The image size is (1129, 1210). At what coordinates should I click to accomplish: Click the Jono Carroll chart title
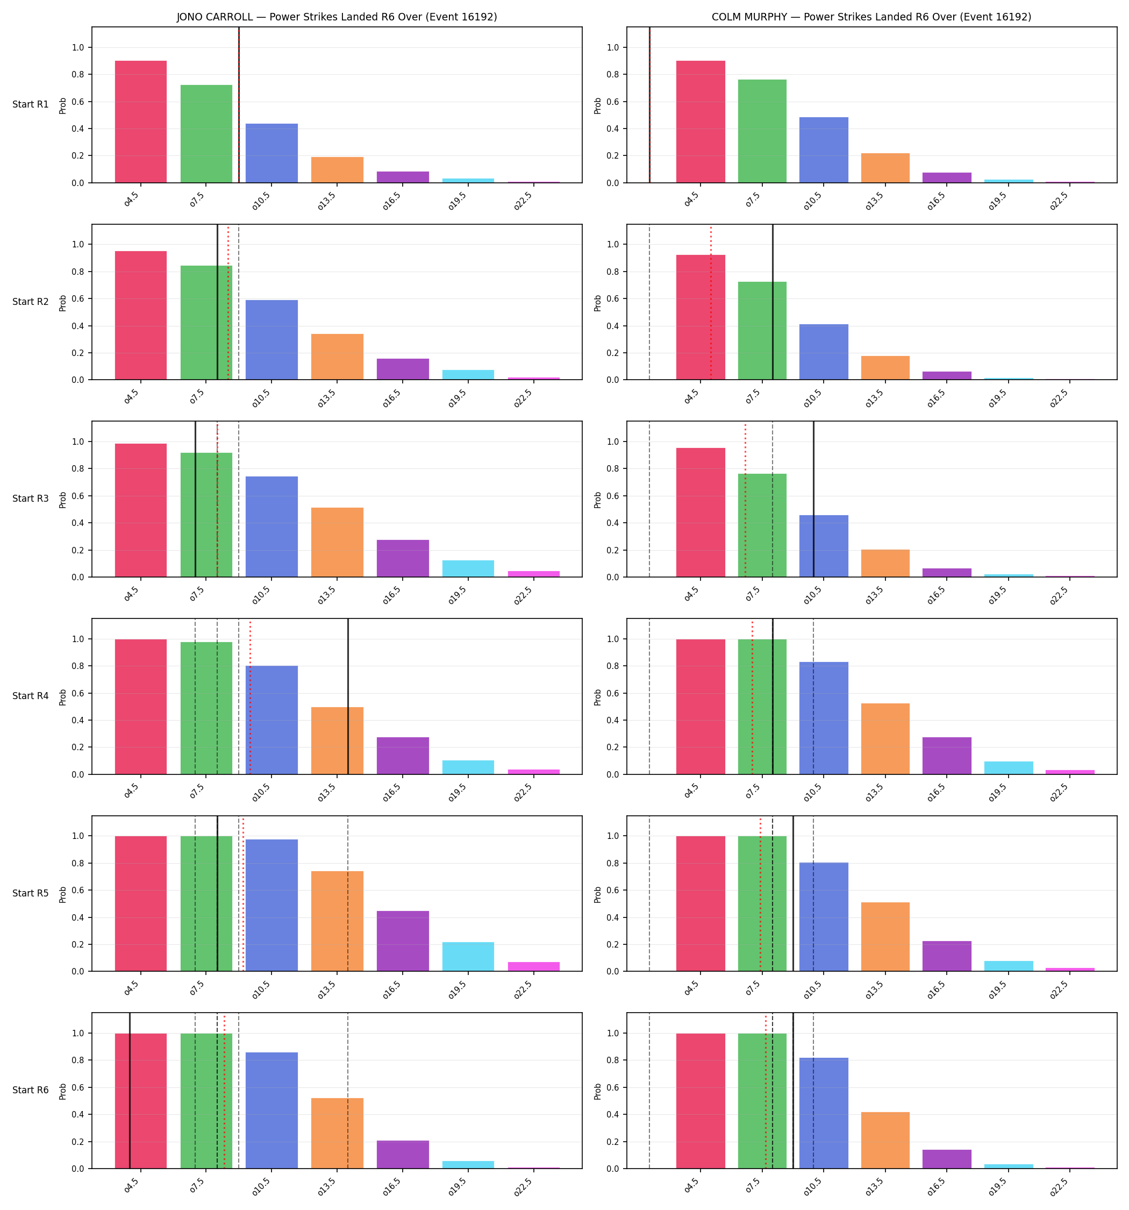tap(337, 17)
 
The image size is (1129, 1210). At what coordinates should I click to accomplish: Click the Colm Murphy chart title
tap(871, 17)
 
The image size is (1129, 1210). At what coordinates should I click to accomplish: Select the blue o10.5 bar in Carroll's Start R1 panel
tap(271, 153)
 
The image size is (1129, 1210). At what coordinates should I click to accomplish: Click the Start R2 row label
tap(31, 302)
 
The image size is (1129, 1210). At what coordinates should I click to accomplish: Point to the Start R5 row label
tap(31, 893)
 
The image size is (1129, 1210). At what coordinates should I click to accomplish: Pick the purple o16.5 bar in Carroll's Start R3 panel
tap(402, 558)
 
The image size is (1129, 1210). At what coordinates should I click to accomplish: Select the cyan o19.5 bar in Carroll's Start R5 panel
tap(468, 957)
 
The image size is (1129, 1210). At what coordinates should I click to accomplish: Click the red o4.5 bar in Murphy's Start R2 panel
tap(701, 317)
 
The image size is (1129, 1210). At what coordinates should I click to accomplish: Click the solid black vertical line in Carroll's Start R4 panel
tap(348, 696)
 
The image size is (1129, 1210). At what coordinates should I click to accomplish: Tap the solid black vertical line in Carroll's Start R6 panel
tap(130, 1091)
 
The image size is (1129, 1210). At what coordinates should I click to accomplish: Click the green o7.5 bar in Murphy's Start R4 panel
tap(762, 707)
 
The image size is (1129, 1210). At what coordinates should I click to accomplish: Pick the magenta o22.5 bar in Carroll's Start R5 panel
tap(533, 966)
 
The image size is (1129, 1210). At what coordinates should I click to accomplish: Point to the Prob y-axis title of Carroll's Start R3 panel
tap(63, 500)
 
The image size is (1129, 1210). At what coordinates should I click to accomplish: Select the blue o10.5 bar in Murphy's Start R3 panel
tap(824, 546)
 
